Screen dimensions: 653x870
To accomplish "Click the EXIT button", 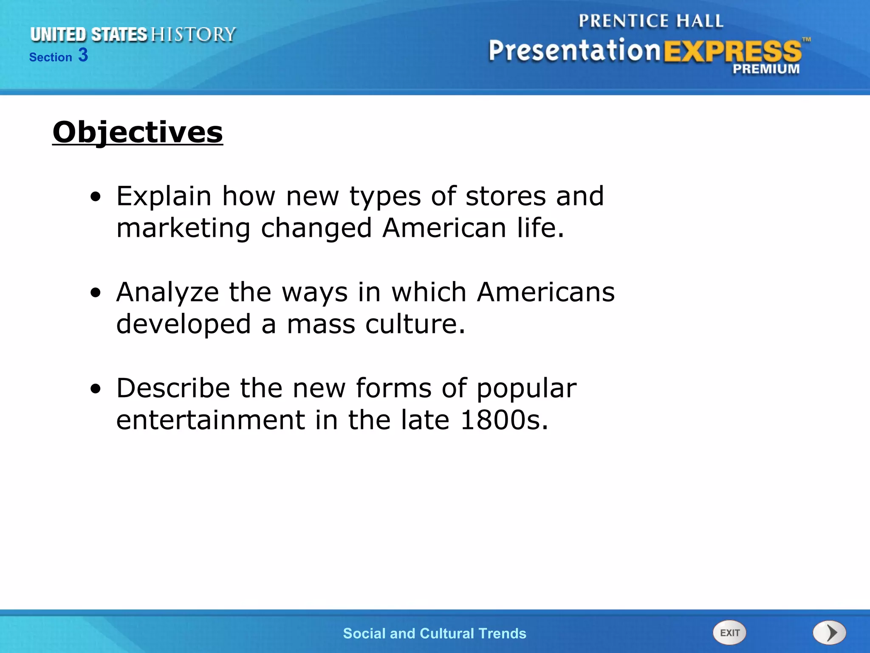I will (x=729, y=633).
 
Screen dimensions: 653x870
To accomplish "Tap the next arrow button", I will (x=829, y=633).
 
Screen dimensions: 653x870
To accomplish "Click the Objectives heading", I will (x=138, y=132).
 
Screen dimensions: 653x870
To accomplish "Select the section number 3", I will (x=83, y=55).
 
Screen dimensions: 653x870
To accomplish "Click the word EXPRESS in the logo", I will (x=732, y=52).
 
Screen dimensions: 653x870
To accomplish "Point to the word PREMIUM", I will (x=766, y=69).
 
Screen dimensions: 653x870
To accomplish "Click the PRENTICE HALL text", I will (x=651, y=21).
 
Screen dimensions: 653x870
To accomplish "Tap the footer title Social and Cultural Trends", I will (x=435, y=633).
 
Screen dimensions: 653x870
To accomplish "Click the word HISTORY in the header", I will (x=193, y=34).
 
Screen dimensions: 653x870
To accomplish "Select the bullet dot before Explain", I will (x=96, y=197).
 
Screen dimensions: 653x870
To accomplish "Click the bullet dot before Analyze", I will (x=96, y=293).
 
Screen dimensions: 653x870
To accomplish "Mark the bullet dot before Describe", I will (x=96, y=389).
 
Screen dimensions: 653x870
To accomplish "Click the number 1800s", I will (x=504, y=420).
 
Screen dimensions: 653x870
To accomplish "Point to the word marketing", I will (x=183, y=228).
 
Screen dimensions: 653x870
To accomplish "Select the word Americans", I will (x=546, y=292).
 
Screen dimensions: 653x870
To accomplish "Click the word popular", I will (x=527, y=389).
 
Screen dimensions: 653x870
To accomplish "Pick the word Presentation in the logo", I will (x=574, y=51).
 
